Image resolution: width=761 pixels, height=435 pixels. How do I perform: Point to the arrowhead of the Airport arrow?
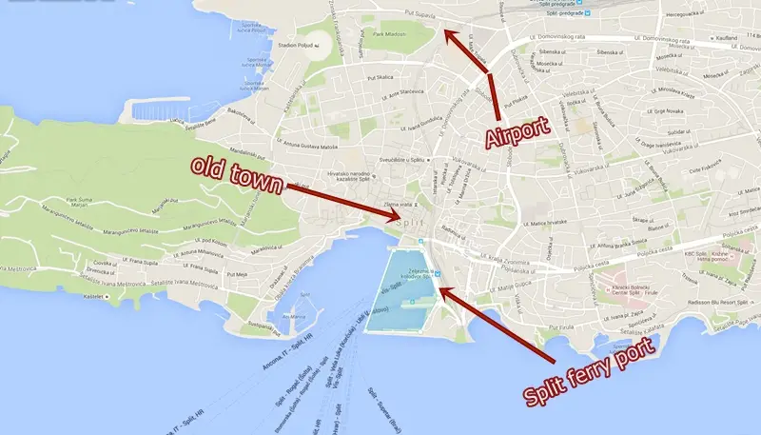coord(449,35)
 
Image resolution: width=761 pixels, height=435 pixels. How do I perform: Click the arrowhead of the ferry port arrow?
coord(440,287)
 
